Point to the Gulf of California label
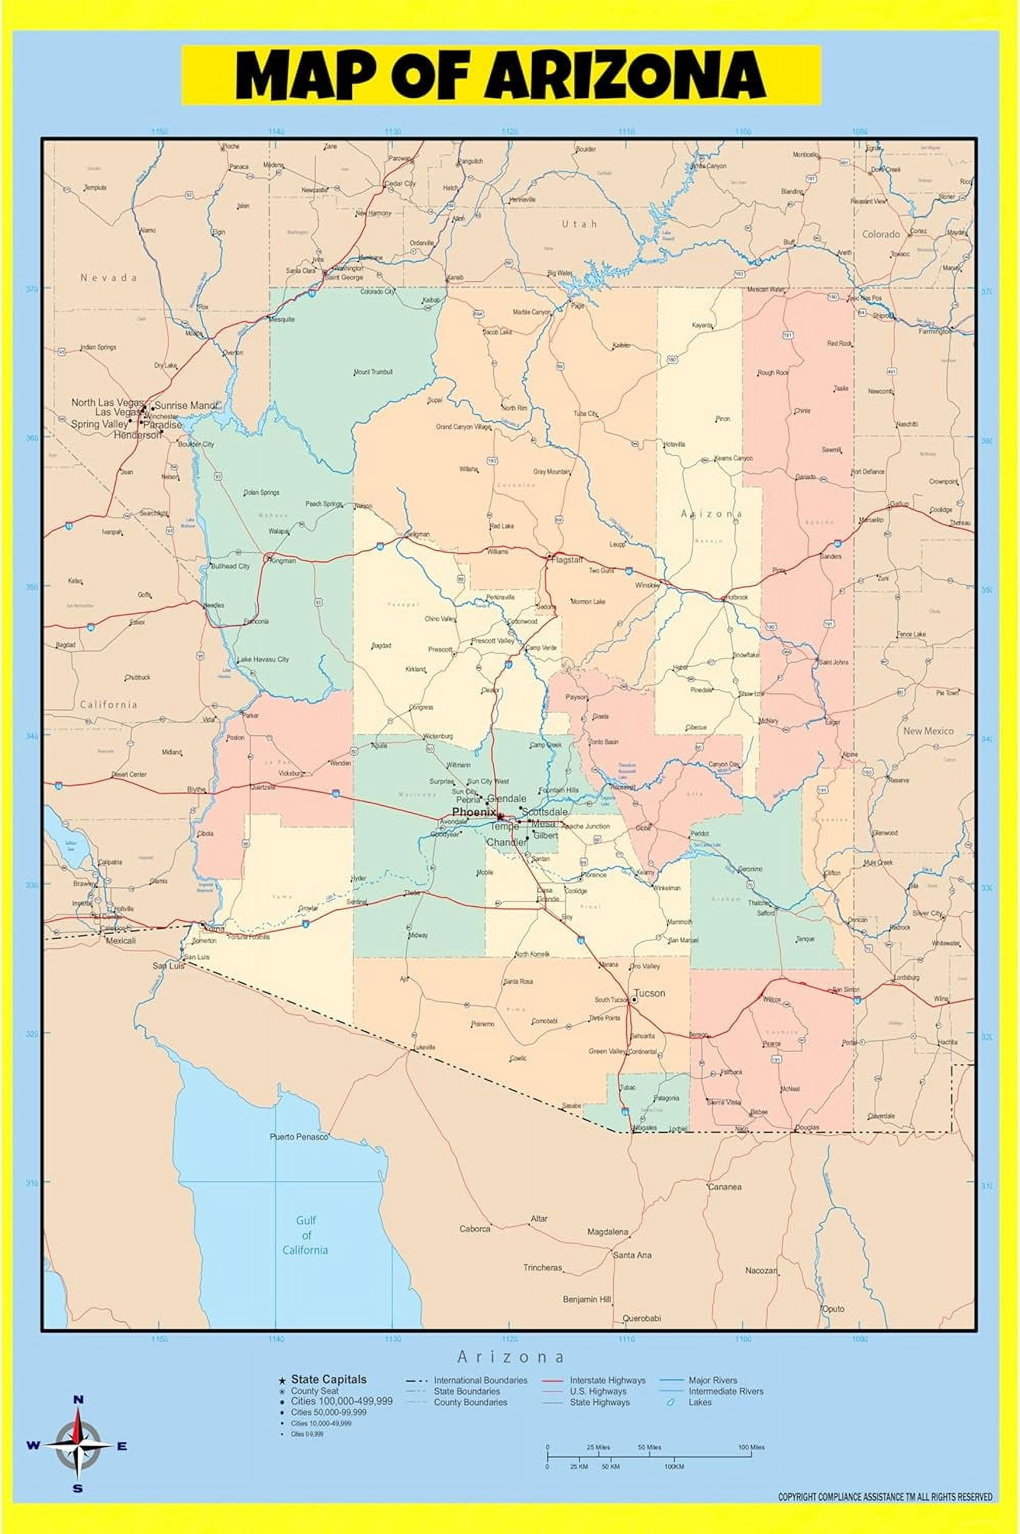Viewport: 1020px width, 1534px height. [x=304, y=1235]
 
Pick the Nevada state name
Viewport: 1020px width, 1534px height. [x=108, y=278]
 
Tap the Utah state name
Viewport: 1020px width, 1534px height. [x=580, y=223]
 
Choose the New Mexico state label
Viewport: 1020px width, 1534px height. [x=928, y=731]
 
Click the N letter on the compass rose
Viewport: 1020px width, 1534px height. [x=77, y=1400]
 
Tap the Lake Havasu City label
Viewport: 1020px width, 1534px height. [x=263, y=660]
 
